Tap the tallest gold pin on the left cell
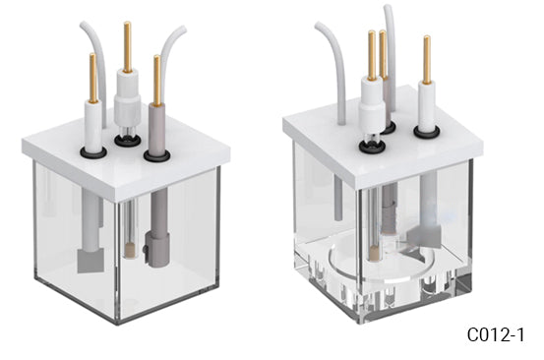point(126,45)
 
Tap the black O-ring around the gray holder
point(156,153)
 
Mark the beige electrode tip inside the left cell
point(132,252)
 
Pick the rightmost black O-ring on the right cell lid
point(427,130)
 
